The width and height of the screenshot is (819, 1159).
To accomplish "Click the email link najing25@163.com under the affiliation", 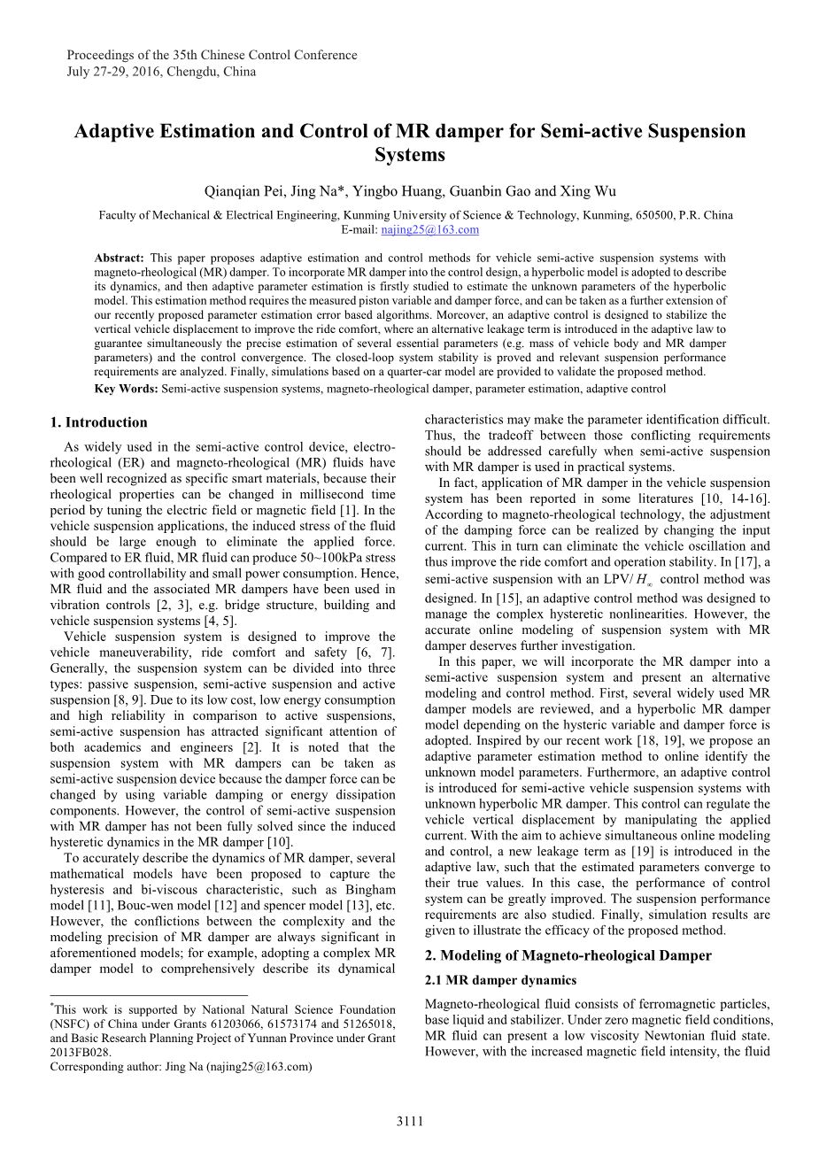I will click(x=429, y=230).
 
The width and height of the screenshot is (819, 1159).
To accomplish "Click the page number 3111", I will click(x=409, y=1122).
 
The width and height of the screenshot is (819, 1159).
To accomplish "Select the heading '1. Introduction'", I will click(x=99, y=422).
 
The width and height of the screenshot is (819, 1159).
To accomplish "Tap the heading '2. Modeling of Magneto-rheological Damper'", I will click(x=568, y=955).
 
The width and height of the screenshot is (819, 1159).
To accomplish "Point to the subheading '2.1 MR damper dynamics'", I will click(x=500, y=980).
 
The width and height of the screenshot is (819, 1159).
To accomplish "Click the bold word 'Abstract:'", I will click(x=120, y=259).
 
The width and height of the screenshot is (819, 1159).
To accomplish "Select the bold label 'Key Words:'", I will click(x=126, y=389).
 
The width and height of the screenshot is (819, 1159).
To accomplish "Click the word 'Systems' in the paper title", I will click(x=409, y=155).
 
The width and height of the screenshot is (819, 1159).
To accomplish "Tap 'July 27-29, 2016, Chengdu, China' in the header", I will click(x=161, y=72).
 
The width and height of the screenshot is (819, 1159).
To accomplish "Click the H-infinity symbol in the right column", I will click(x=645, y=580).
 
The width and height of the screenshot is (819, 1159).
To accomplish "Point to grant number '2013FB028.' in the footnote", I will click(x=81, y=1052).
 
